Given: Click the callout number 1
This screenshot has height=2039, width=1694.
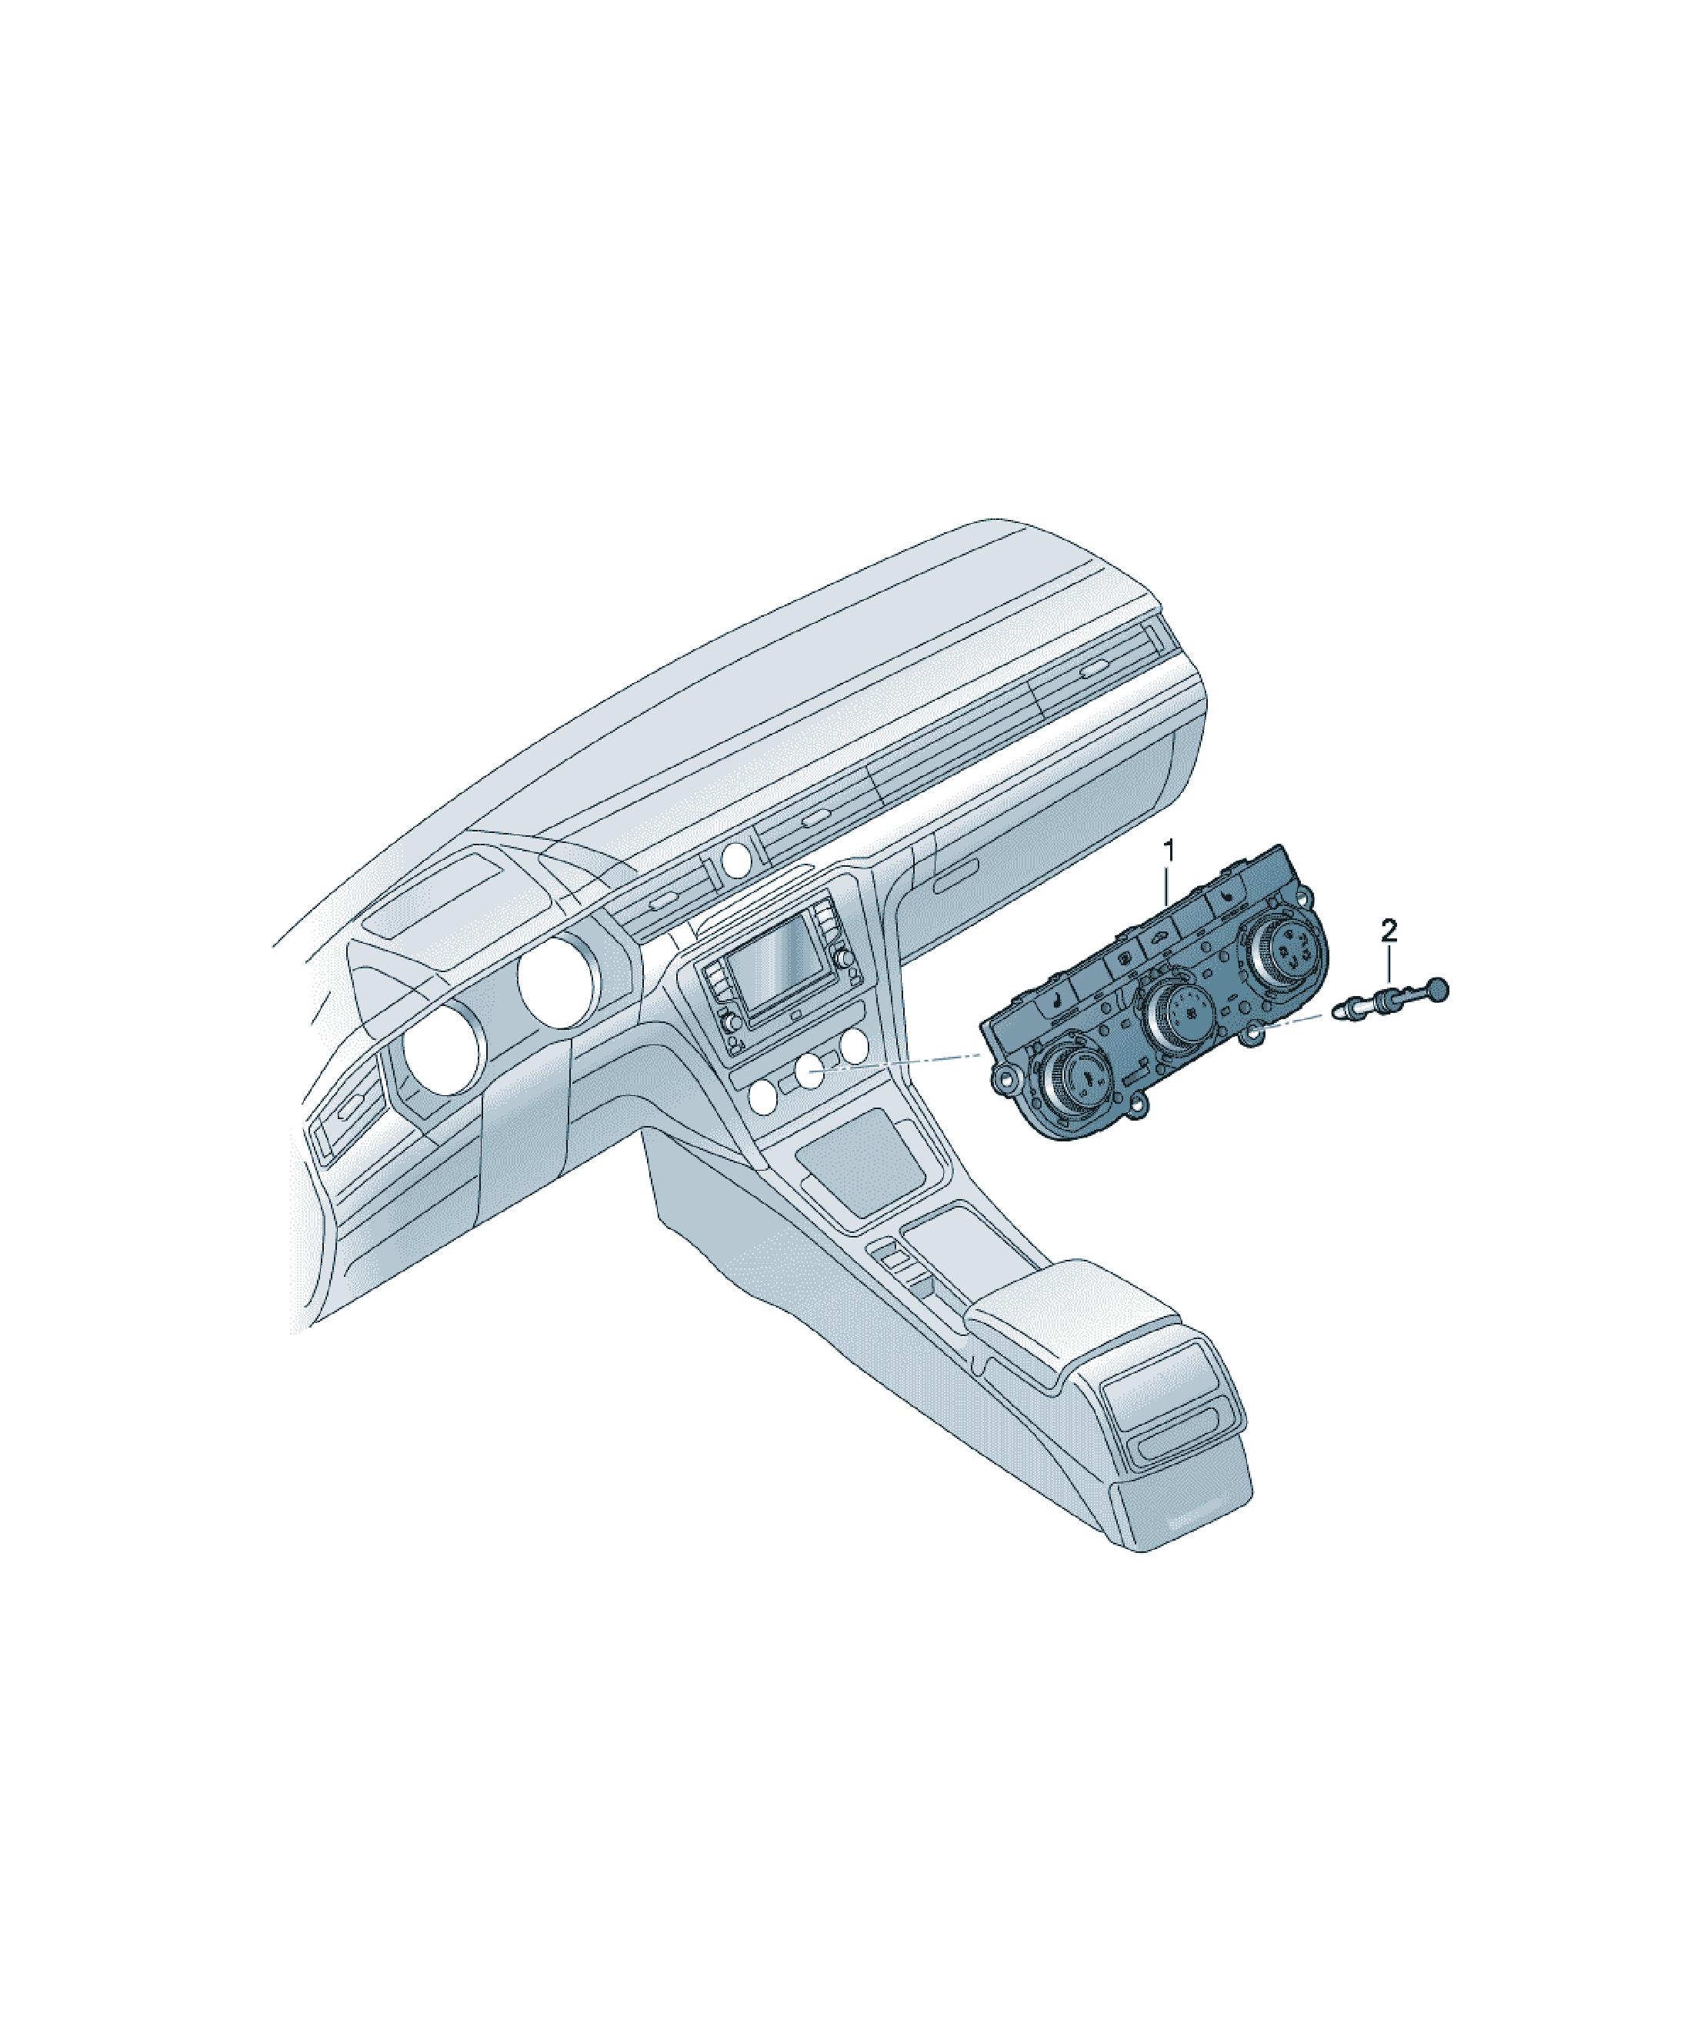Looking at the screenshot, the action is click(1169, 851).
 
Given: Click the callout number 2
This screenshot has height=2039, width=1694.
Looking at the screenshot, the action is click(1389, 931).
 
